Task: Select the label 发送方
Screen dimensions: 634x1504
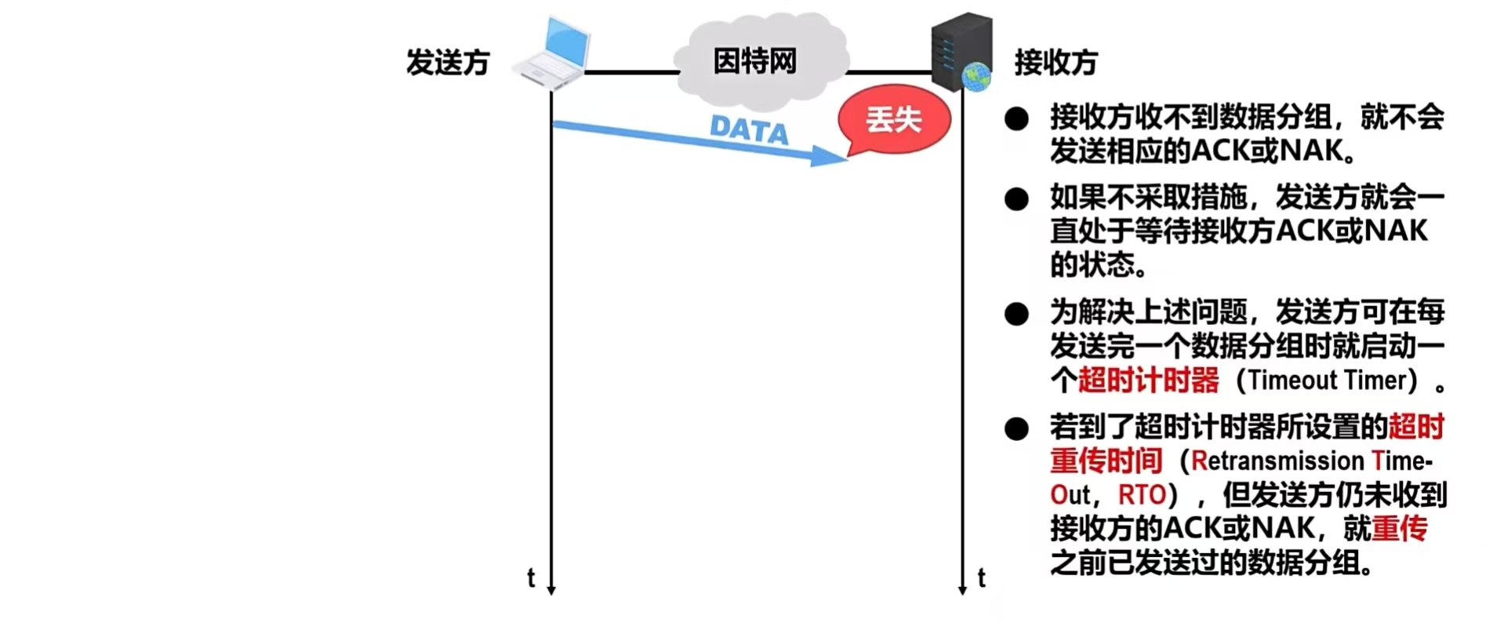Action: (448, 62)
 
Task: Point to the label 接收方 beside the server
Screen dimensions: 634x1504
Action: (1056, 62)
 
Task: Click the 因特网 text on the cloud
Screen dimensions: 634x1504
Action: (754, 61)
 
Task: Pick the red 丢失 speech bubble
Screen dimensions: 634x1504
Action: (894, 120)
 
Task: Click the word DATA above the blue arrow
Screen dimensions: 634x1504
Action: (749, 129)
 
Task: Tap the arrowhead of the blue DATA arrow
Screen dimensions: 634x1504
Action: (830, 156)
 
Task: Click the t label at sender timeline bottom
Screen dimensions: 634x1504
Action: (531, 578)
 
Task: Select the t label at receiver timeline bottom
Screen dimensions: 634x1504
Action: (981, 578)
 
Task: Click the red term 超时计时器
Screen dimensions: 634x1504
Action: (1148, 381)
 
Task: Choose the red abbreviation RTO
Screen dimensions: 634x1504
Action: (1142, 495)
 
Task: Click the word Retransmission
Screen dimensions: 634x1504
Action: (1278, 461)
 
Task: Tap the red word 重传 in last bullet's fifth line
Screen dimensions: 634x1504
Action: (1400, 528)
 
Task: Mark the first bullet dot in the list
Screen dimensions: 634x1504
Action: (1016, 119)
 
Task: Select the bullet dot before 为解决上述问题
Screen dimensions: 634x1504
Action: (1016, 314)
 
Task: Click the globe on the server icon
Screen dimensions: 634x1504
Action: (977, 78)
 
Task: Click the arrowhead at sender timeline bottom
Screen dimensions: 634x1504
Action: (551, 590)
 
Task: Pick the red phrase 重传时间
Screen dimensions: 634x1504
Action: (1106, 461)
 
